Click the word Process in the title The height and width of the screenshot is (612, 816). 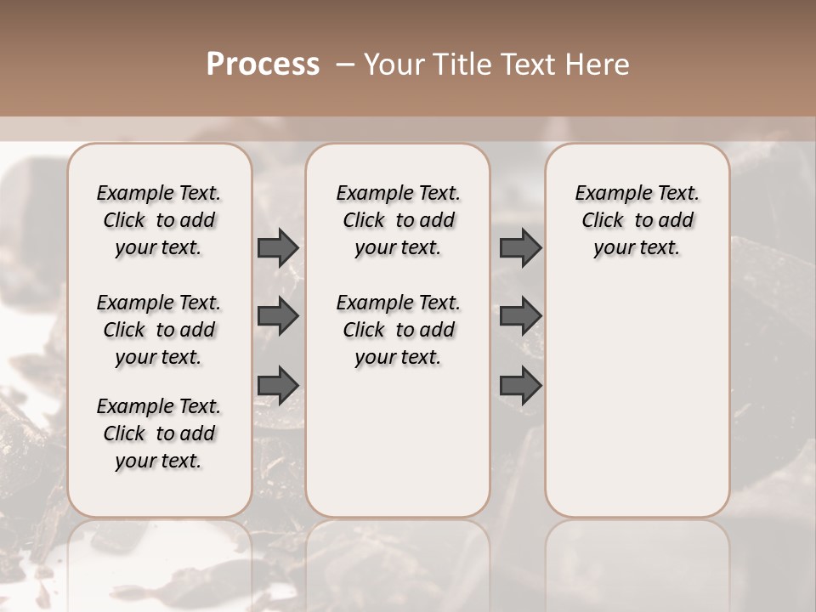263,64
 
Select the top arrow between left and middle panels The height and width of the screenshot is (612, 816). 278,247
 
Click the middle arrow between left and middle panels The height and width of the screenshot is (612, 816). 278,316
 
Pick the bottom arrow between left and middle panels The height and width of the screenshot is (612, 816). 278,385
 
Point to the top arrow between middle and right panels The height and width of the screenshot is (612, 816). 520,247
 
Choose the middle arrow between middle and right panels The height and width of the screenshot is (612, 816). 520,316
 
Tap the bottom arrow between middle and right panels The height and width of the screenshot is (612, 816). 520,385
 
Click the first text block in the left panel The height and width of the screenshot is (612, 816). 159,220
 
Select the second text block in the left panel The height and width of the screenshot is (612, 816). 159,330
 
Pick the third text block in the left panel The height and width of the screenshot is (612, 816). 159,433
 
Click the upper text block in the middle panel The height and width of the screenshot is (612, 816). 399,220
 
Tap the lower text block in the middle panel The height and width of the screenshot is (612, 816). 399,330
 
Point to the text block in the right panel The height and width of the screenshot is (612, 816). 637,220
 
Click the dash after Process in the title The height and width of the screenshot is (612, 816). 345,64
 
